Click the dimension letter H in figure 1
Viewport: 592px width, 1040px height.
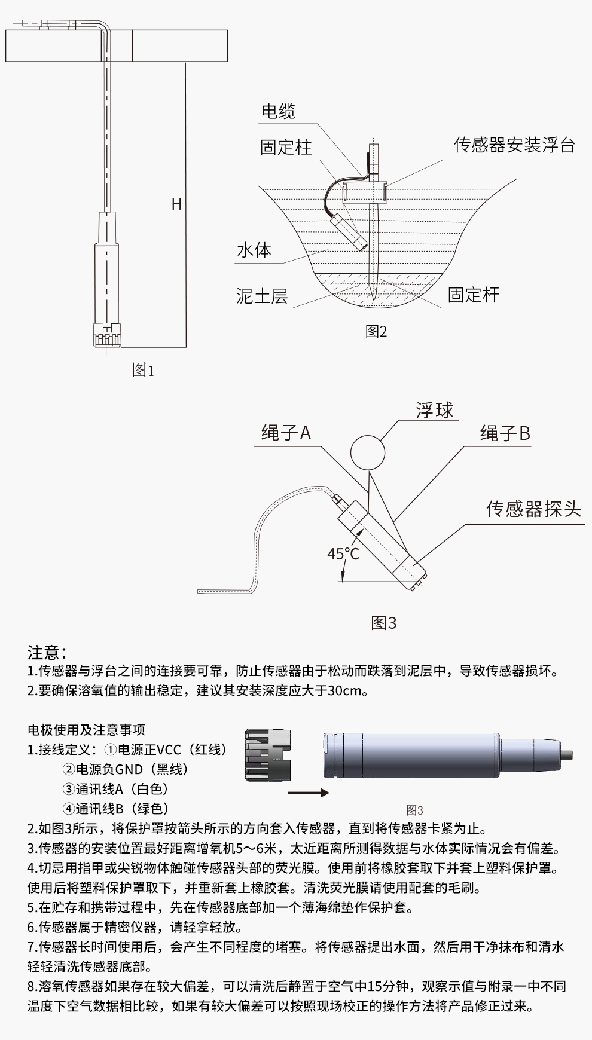(176, 204)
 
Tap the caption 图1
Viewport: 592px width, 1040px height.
(143, 370)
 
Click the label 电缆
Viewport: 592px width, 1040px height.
(278, 111)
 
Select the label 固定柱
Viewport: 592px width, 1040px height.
(286, 147)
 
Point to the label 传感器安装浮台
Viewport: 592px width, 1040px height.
(514, 145)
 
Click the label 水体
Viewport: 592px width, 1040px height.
(254, 249)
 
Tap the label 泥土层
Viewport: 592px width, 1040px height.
(262, 295)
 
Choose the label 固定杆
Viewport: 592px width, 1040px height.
(474, 294)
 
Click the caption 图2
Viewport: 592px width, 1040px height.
(376, 331)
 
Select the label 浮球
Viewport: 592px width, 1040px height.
(435, 410)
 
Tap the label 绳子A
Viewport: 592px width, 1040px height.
(286, 433)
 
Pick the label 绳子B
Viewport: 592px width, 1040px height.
(505, 433)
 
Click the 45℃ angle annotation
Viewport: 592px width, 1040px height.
(343, 554)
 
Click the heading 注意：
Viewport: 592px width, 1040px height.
(47, 652)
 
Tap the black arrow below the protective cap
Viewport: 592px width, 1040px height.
(308, 793)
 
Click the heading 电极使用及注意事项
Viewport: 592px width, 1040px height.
(86, 730)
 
